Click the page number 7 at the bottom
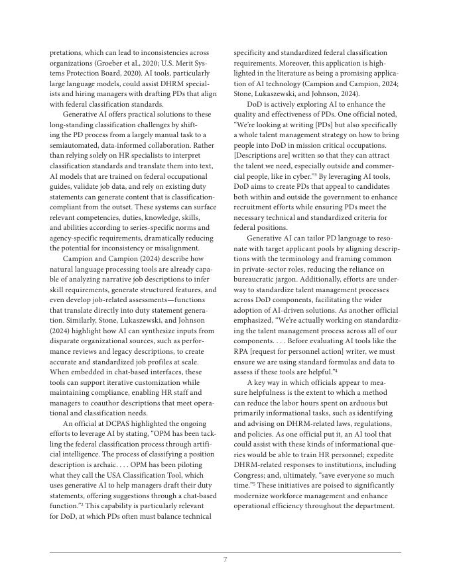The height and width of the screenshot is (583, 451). pyautogui.click(x=225, y=560)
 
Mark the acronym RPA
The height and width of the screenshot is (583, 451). pyautogui.click(x=243, y=351)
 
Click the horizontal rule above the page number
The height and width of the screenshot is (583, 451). pyautogui.click(x=225, y=552)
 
